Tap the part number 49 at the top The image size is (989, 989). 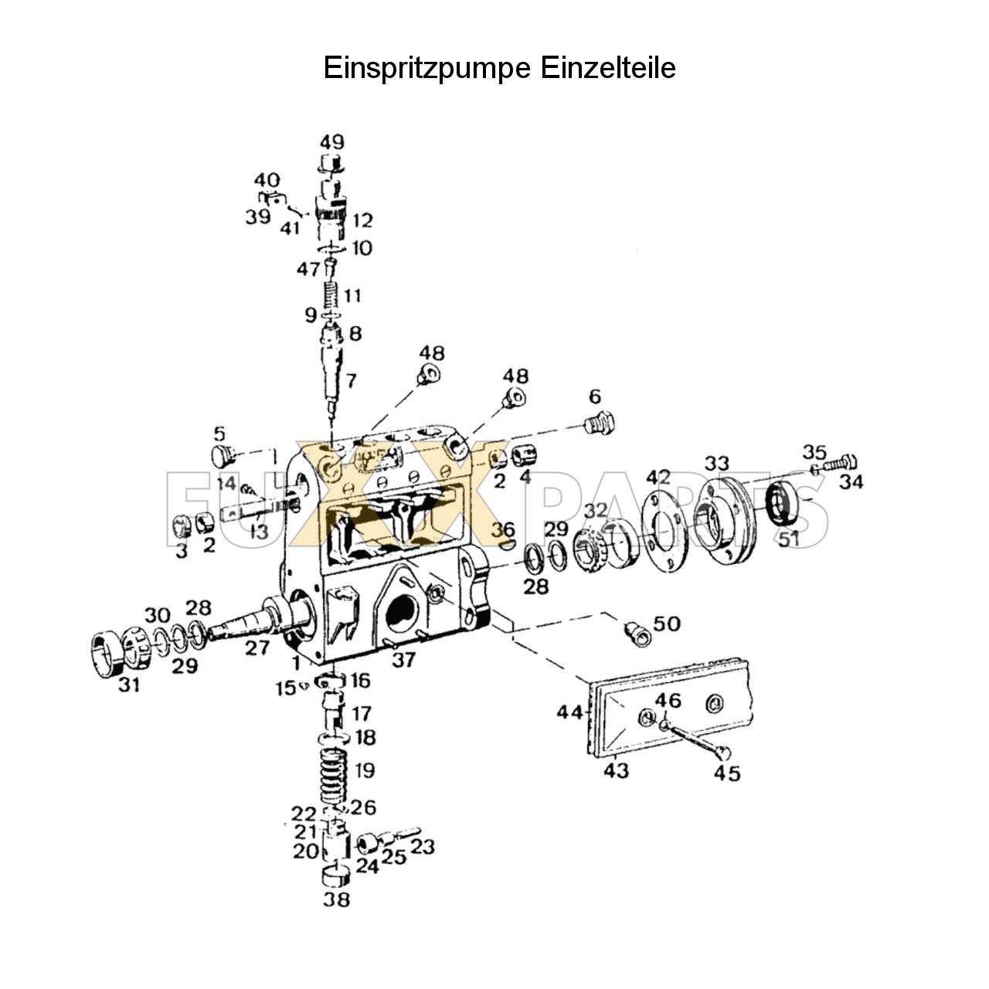[332, 142]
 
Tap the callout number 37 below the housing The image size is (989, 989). [403, 659]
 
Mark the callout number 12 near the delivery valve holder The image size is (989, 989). [362, 220]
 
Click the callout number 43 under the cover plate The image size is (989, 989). [617, 770]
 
